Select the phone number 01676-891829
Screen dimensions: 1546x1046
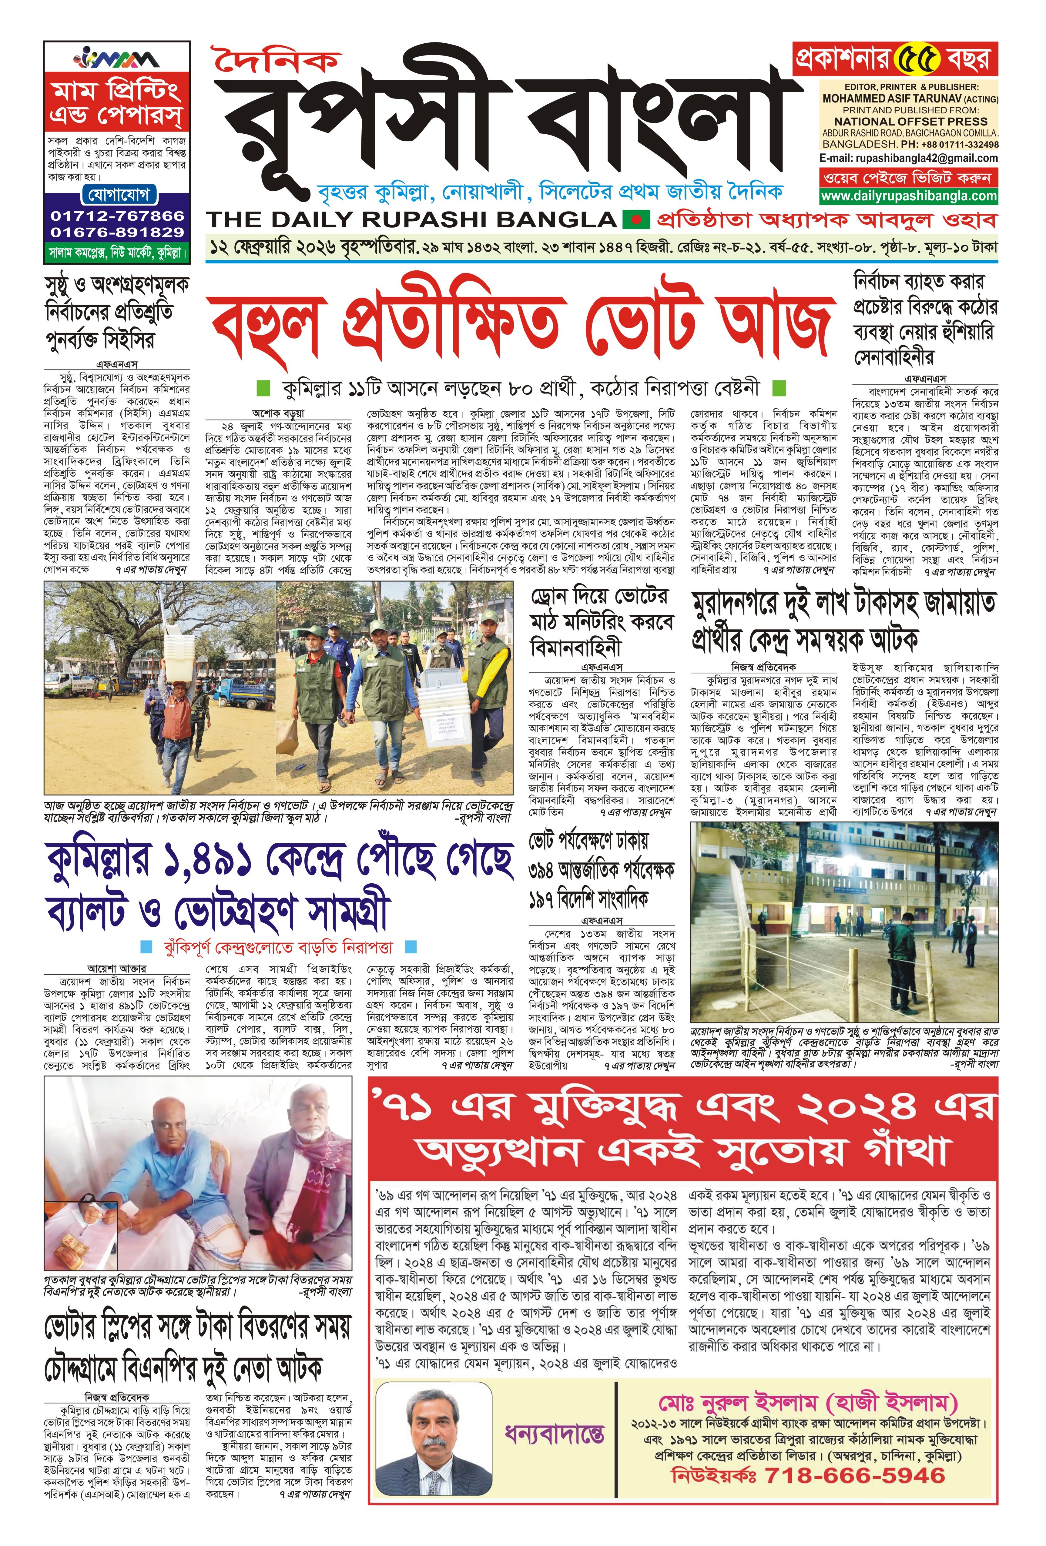[x=117, y=232]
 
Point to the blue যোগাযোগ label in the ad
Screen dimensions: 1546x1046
[x=117, y=195]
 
